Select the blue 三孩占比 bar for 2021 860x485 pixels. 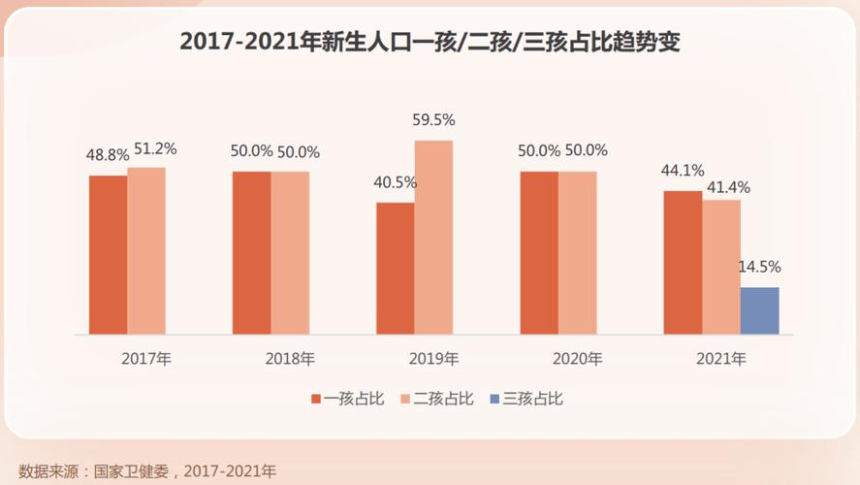759,310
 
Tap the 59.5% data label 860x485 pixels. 433,120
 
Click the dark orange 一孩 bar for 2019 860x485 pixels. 396,268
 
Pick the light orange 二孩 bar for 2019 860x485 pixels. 433,237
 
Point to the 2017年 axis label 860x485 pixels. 145,359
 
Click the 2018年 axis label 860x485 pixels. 290,359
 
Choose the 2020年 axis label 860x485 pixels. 577,359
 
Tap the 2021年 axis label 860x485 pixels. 720,359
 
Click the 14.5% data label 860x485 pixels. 760,267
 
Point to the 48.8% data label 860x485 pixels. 107,155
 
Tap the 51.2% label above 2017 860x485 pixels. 154,148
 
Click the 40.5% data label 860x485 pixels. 395,182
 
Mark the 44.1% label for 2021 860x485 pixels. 683,171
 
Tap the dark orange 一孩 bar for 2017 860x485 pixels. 108,254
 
